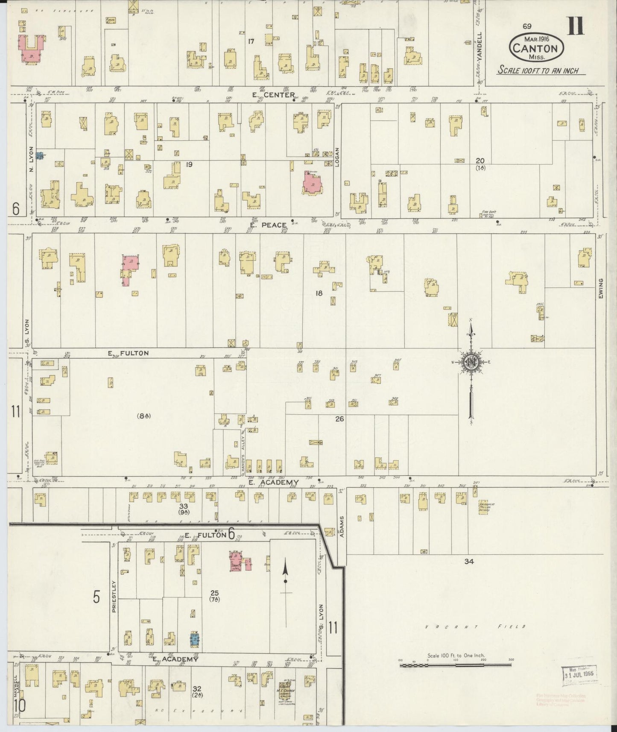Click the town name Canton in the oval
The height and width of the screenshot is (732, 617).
click(535, 48)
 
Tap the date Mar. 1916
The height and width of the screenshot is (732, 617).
click(536, 38)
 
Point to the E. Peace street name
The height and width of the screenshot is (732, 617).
click(268, 225)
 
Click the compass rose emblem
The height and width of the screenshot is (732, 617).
click(471, 363)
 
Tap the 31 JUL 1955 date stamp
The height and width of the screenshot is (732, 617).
click(579, 675)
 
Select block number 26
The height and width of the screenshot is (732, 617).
click(339, 419)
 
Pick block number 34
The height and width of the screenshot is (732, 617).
click(469, 562)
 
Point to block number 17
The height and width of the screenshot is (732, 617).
click(251, 41)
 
